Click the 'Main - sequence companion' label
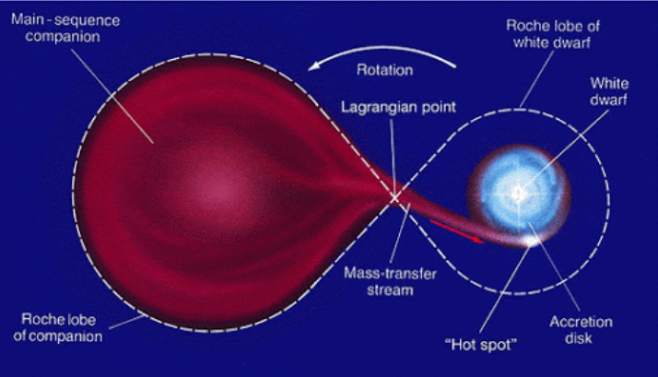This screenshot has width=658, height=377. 65,29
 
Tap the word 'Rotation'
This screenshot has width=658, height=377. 385,70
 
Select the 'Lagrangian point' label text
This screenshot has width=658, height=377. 398,107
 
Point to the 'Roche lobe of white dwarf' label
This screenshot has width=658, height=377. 553,34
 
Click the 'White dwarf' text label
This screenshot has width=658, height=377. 609,91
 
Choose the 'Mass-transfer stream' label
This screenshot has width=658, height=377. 390,282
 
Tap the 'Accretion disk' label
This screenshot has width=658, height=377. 581,330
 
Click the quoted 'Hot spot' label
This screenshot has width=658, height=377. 481,345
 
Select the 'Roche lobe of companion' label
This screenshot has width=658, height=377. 58,327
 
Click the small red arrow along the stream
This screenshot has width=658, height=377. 456,231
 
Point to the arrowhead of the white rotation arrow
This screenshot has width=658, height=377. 315,66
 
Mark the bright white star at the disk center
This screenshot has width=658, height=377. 519,194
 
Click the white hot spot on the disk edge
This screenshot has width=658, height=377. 531,241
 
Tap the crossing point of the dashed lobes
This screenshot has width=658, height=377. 394,197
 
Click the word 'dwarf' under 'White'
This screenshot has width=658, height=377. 608,100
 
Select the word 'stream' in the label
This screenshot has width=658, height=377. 390,290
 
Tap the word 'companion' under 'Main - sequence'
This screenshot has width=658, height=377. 63,37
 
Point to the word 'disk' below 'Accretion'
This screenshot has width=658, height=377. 578,338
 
